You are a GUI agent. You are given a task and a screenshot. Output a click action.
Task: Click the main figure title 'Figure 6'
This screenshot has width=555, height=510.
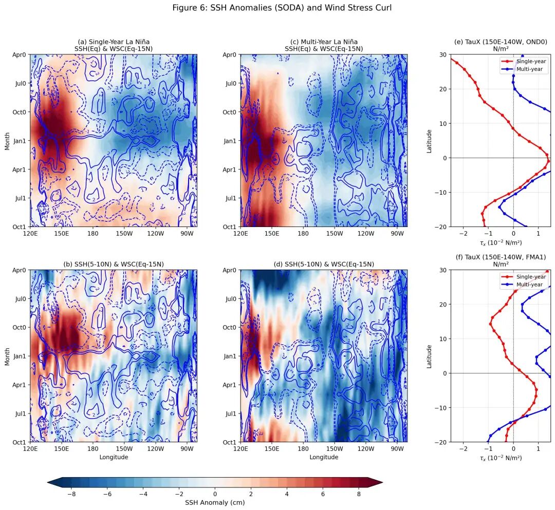coord(282,8)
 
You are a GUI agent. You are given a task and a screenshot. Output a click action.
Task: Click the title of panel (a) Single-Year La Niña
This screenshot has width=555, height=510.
coord(114,45)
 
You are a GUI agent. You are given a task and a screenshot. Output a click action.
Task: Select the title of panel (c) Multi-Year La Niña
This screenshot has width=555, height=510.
coord(323,45)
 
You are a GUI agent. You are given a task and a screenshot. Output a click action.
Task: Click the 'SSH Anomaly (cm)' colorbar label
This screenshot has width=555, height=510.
coord(215,502)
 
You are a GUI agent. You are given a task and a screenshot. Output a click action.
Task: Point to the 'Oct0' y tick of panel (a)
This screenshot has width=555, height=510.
coord(18,112)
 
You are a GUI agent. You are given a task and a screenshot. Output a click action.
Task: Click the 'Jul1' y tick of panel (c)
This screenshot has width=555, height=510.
coord(229,198)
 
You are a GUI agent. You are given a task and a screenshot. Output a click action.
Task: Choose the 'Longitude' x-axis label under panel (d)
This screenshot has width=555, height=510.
coord(323,457)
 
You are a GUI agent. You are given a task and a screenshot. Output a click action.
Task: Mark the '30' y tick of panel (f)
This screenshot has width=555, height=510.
coord(434,270)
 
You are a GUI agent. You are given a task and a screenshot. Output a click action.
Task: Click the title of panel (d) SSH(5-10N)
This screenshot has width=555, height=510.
coord(323,264)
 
